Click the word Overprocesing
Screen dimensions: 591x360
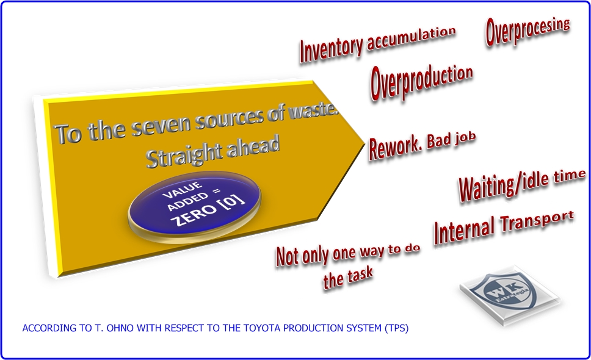click(x=528, y=31)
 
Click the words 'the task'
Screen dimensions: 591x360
click(x=347, y=278)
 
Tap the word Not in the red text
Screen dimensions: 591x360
click(x=288, y=256)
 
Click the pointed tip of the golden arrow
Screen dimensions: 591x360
click(x=364, y=143)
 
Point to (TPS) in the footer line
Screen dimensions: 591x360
click(x=396, y=328)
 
